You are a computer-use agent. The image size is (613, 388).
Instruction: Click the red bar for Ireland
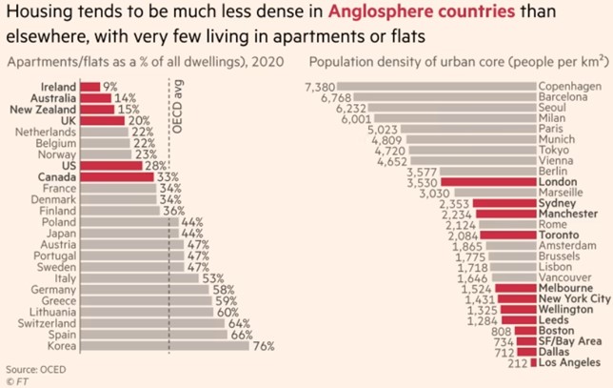90,86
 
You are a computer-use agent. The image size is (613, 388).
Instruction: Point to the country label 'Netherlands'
49,132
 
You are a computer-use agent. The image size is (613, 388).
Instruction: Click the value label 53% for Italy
212,277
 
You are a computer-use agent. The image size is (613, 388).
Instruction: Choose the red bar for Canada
105,177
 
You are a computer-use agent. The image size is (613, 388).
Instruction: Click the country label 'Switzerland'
45,323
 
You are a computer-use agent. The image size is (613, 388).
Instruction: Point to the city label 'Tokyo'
555,150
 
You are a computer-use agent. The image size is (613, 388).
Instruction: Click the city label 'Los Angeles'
569,362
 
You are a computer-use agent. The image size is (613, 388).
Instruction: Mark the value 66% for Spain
242,335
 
